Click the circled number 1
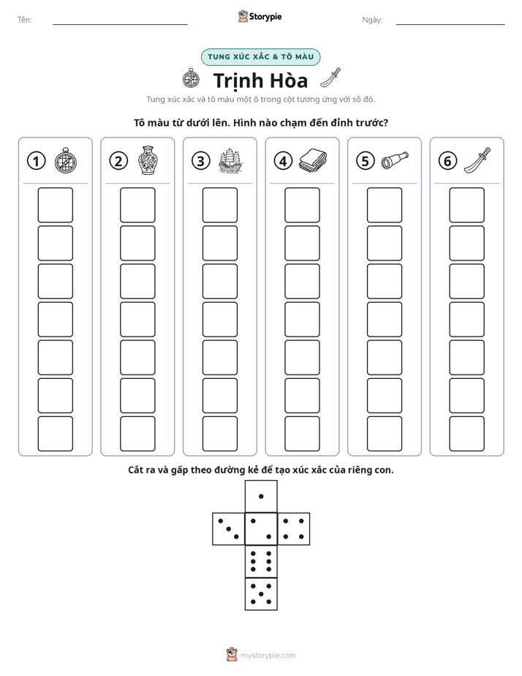coord(36,161)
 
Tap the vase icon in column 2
coord(148,160)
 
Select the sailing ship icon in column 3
coord(230,160)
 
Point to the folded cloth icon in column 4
coord(313,160)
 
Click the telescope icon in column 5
coord(395,160)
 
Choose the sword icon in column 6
coord(477,160)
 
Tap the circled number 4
coord(283,161)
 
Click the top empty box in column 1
coord(55,205)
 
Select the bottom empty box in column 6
coord(466,434)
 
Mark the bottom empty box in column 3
coord(219,434)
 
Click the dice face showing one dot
coord(261,496)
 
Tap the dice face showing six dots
coord(261,561)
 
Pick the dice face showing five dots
coord(261,593)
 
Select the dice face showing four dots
coord(294,528)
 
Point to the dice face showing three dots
coord(229,528)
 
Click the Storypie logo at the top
coord(260,16)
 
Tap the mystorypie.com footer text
coord(268,656)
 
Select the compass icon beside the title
coord(191,78)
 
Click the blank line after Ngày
coord(450,24)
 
